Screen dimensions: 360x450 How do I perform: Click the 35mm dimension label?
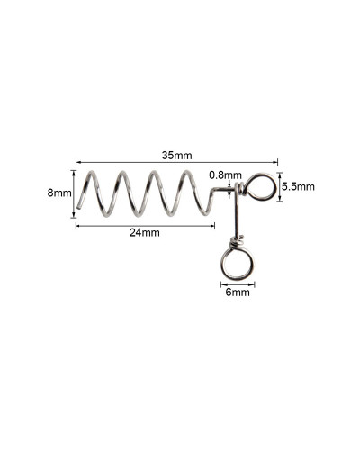(176, 156)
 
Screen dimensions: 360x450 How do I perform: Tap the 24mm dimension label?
(145, 232)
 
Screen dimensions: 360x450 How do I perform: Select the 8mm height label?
(59, 193)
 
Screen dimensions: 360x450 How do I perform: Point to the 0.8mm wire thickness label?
(225, 175)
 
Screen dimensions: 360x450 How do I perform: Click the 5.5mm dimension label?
(298, 186)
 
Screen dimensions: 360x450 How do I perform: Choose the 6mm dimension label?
(238, 292)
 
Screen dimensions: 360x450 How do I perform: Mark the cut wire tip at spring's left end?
(78, 207)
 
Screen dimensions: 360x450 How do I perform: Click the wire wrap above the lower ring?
(237, 241)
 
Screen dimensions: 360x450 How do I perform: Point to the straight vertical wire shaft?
(237, 210)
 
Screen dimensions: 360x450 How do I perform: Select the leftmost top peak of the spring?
(92, 172)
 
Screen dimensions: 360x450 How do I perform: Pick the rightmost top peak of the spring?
(186, 172)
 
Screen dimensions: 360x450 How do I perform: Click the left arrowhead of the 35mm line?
(77, 162)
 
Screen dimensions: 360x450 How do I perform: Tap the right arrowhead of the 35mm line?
(275, 162)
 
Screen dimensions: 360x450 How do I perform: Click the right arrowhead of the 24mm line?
(212, 226)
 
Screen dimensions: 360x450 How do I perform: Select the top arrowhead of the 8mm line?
(74, 172)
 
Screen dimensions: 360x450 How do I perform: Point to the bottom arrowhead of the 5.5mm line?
(280, 199)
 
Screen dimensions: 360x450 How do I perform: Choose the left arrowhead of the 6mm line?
(222, 283)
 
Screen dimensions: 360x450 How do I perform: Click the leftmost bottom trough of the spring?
(105, 215)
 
